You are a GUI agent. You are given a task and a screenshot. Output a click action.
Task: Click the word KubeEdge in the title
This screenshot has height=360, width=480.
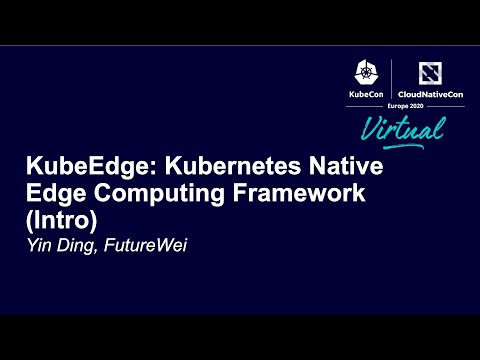pyautogui.click(x=75, y=167)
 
